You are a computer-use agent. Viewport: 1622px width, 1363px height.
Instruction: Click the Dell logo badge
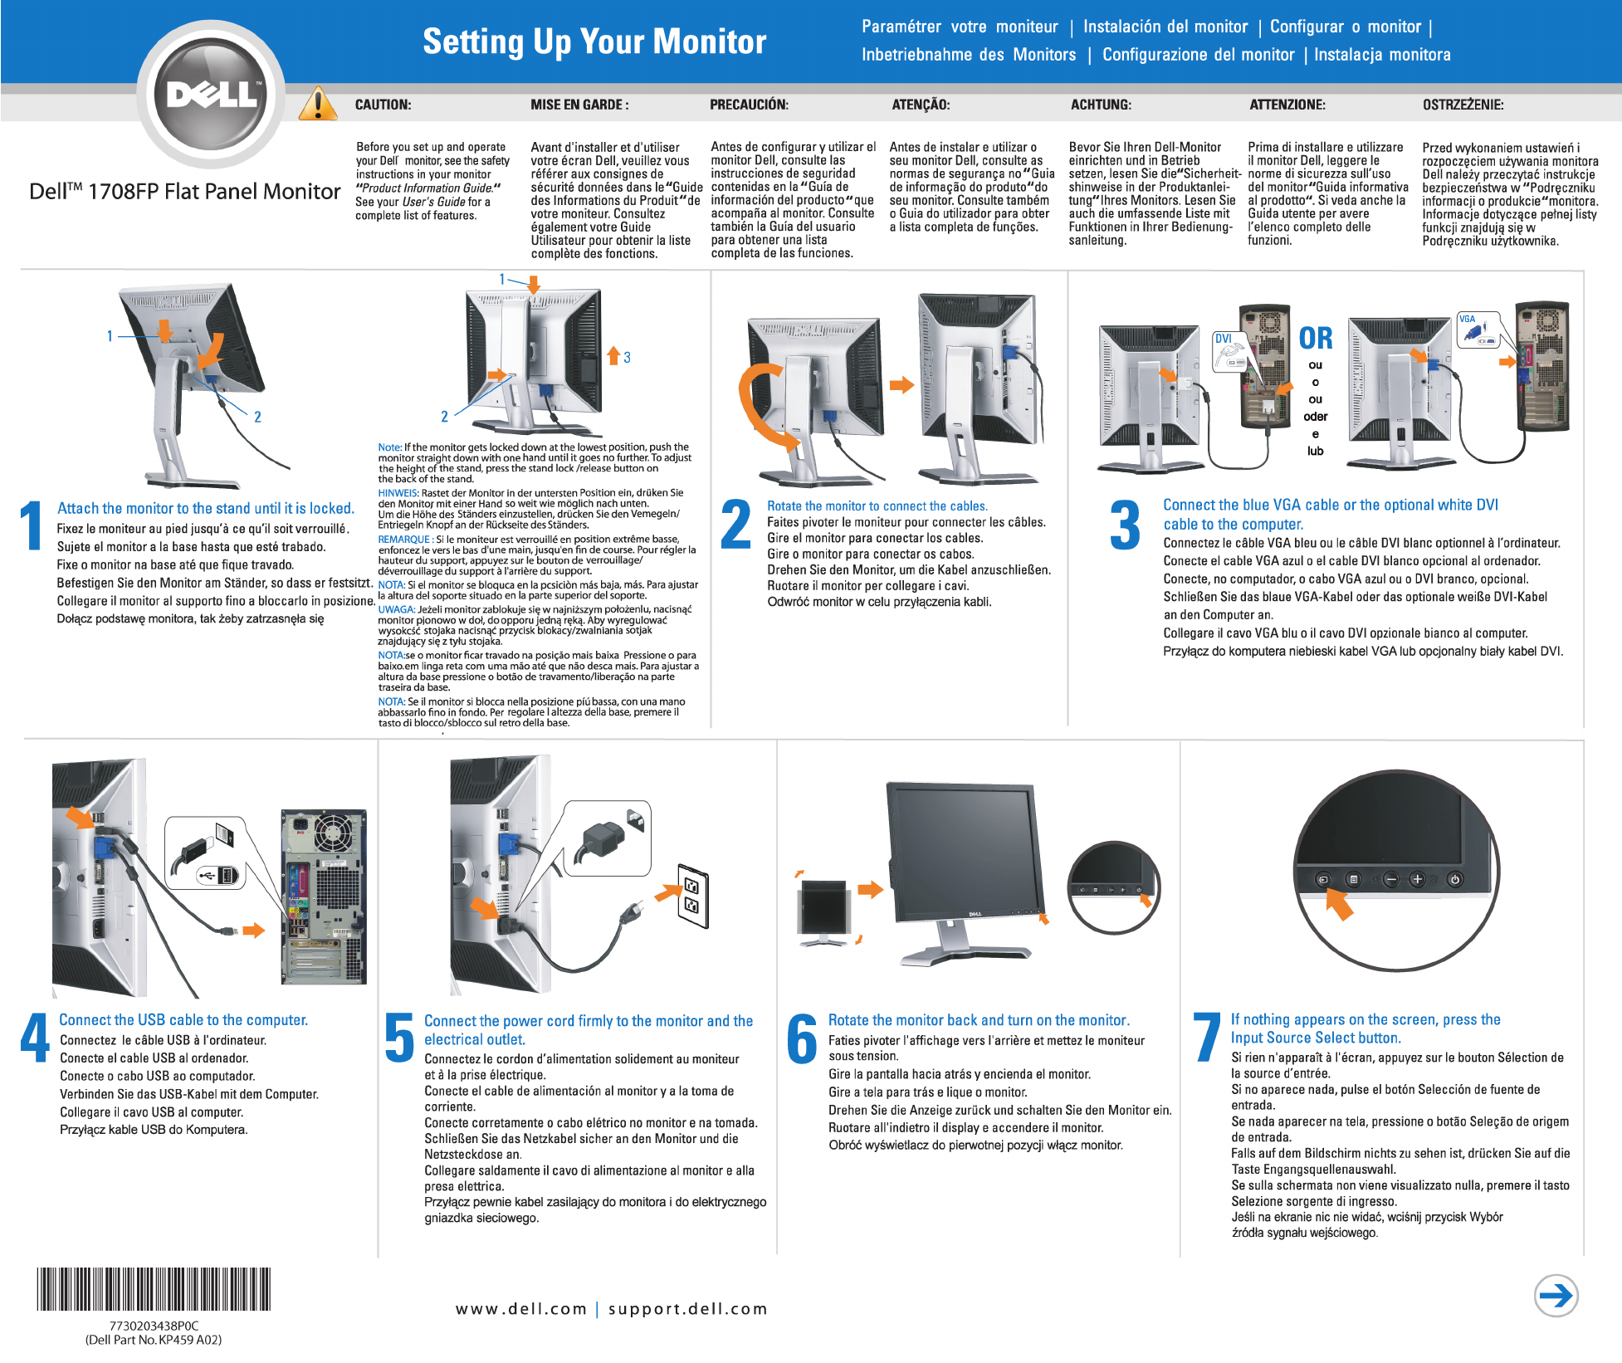pos(211,93)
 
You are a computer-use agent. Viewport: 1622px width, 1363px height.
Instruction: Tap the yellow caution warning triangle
pos(317,105)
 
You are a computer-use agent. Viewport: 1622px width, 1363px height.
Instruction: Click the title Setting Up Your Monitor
pos(594,42)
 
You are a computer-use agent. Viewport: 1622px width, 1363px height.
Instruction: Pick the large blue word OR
pos(1316,339)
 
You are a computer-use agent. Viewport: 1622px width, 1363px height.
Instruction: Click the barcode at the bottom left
pos(154,1289)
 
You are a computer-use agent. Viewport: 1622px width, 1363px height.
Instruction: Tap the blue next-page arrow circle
pos(1556,1296)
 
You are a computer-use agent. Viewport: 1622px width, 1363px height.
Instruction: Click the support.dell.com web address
pos(688,1309)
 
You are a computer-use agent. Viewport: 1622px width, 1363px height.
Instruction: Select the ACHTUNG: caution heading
pos(1101,105)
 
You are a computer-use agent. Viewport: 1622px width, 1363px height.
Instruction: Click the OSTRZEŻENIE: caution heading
pos(1463,105)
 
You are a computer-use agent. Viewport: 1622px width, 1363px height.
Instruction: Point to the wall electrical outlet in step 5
pos(692,896)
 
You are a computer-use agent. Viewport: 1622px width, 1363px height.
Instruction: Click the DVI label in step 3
pos(1224,339)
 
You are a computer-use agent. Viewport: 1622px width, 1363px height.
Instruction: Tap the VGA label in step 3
pos(1468,320)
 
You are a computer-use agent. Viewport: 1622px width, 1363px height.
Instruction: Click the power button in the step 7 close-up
pos(1455,880)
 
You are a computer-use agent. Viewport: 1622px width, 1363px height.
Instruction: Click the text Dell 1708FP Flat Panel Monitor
pos(184,192)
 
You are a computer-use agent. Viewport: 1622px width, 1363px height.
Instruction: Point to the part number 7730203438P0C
pos(154,1326)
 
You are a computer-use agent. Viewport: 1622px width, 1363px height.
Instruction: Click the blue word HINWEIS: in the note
pos(398,493)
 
